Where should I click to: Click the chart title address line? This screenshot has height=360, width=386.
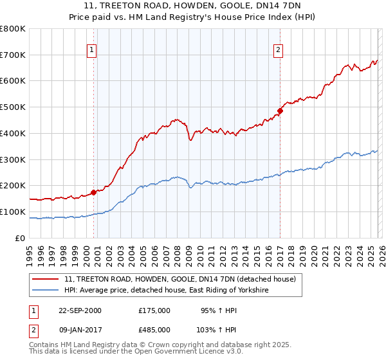192,6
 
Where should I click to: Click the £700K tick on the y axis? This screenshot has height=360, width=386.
13,55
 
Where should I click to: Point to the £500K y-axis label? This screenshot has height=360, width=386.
13,107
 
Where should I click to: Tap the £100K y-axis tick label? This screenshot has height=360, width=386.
13,212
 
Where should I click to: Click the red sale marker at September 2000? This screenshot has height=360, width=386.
94,192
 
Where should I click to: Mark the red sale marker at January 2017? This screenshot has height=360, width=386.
280,111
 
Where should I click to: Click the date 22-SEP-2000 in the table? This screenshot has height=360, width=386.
80,310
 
